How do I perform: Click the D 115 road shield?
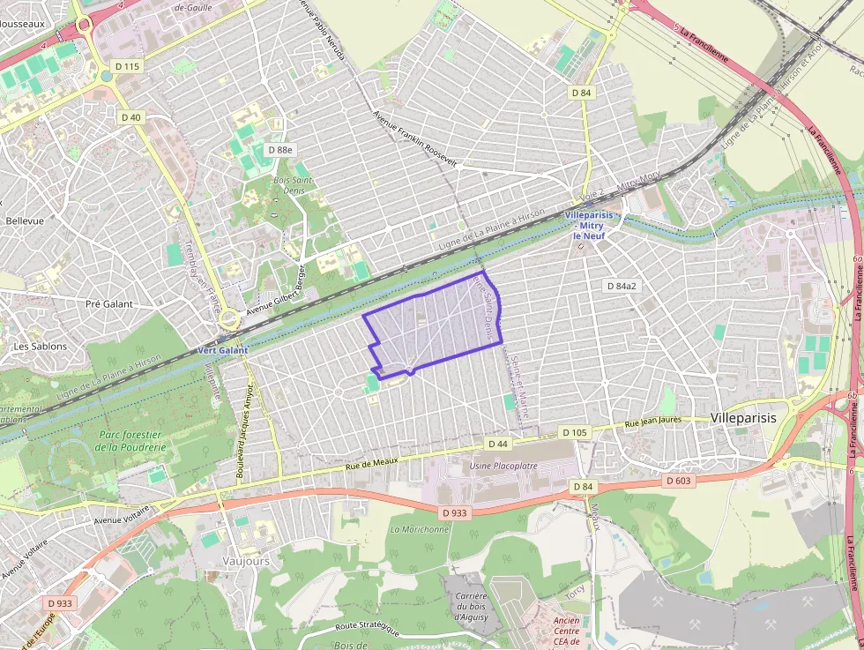point(127,66)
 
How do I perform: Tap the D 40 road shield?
point(130,117)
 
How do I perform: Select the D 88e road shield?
point(279,150)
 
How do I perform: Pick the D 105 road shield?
point(574,432)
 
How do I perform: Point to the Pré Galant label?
point(109,304)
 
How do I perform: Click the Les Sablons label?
point(40,347)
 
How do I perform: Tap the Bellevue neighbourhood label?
point(25,220)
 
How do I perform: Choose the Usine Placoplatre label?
point(504,465)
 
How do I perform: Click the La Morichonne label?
point(419,529)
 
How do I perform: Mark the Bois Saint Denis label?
point(293,185)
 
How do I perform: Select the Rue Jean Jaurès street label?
point(653,422)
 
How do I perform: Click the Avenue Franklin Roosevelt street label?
point(414,139)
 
